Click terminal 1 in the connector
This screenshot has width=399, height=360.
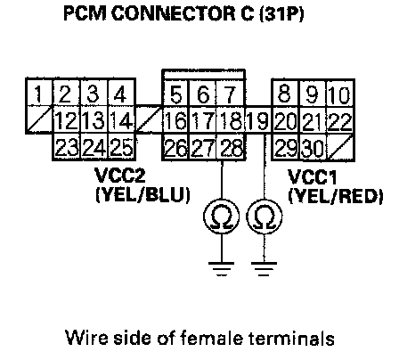click(39, 93)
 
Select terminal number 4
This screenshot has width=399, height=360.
click(121, 93)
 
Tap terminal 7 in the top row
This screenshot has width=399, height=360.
click(231, 93)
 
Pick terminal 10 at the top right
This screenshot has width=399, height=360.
click(340, 93)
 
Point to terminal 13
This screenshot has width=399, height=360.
click(94, 119)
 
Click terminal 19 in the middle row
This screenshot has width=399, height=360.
click(258, 119)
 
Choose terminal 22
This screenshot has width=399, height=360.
click(340, 119)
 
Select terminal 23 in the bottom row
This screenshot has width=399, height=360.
click(67, 147)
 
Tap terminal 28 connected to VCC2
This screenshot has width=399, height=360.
click(231, 147)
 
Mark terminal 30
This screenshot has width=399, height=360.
click(313, 147)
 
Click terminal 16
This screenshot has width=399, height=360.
click(176, 119)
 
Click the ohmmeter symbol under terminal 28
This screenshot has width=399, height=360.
click(222, 216)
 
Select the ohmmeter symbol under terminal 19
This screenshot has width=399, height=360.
click(265, 216)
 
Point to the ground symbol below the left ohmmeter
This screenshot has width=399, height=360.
click(222, 269)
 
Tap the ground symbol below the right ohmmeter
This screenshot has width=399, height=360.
click(264, 269)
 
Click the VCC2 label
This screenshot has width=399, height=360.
click(120, 175)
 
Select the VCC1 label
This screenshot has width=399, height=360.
click(313, 177)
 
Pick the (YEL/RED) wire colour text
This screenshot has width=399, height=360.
click(336, 196)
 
